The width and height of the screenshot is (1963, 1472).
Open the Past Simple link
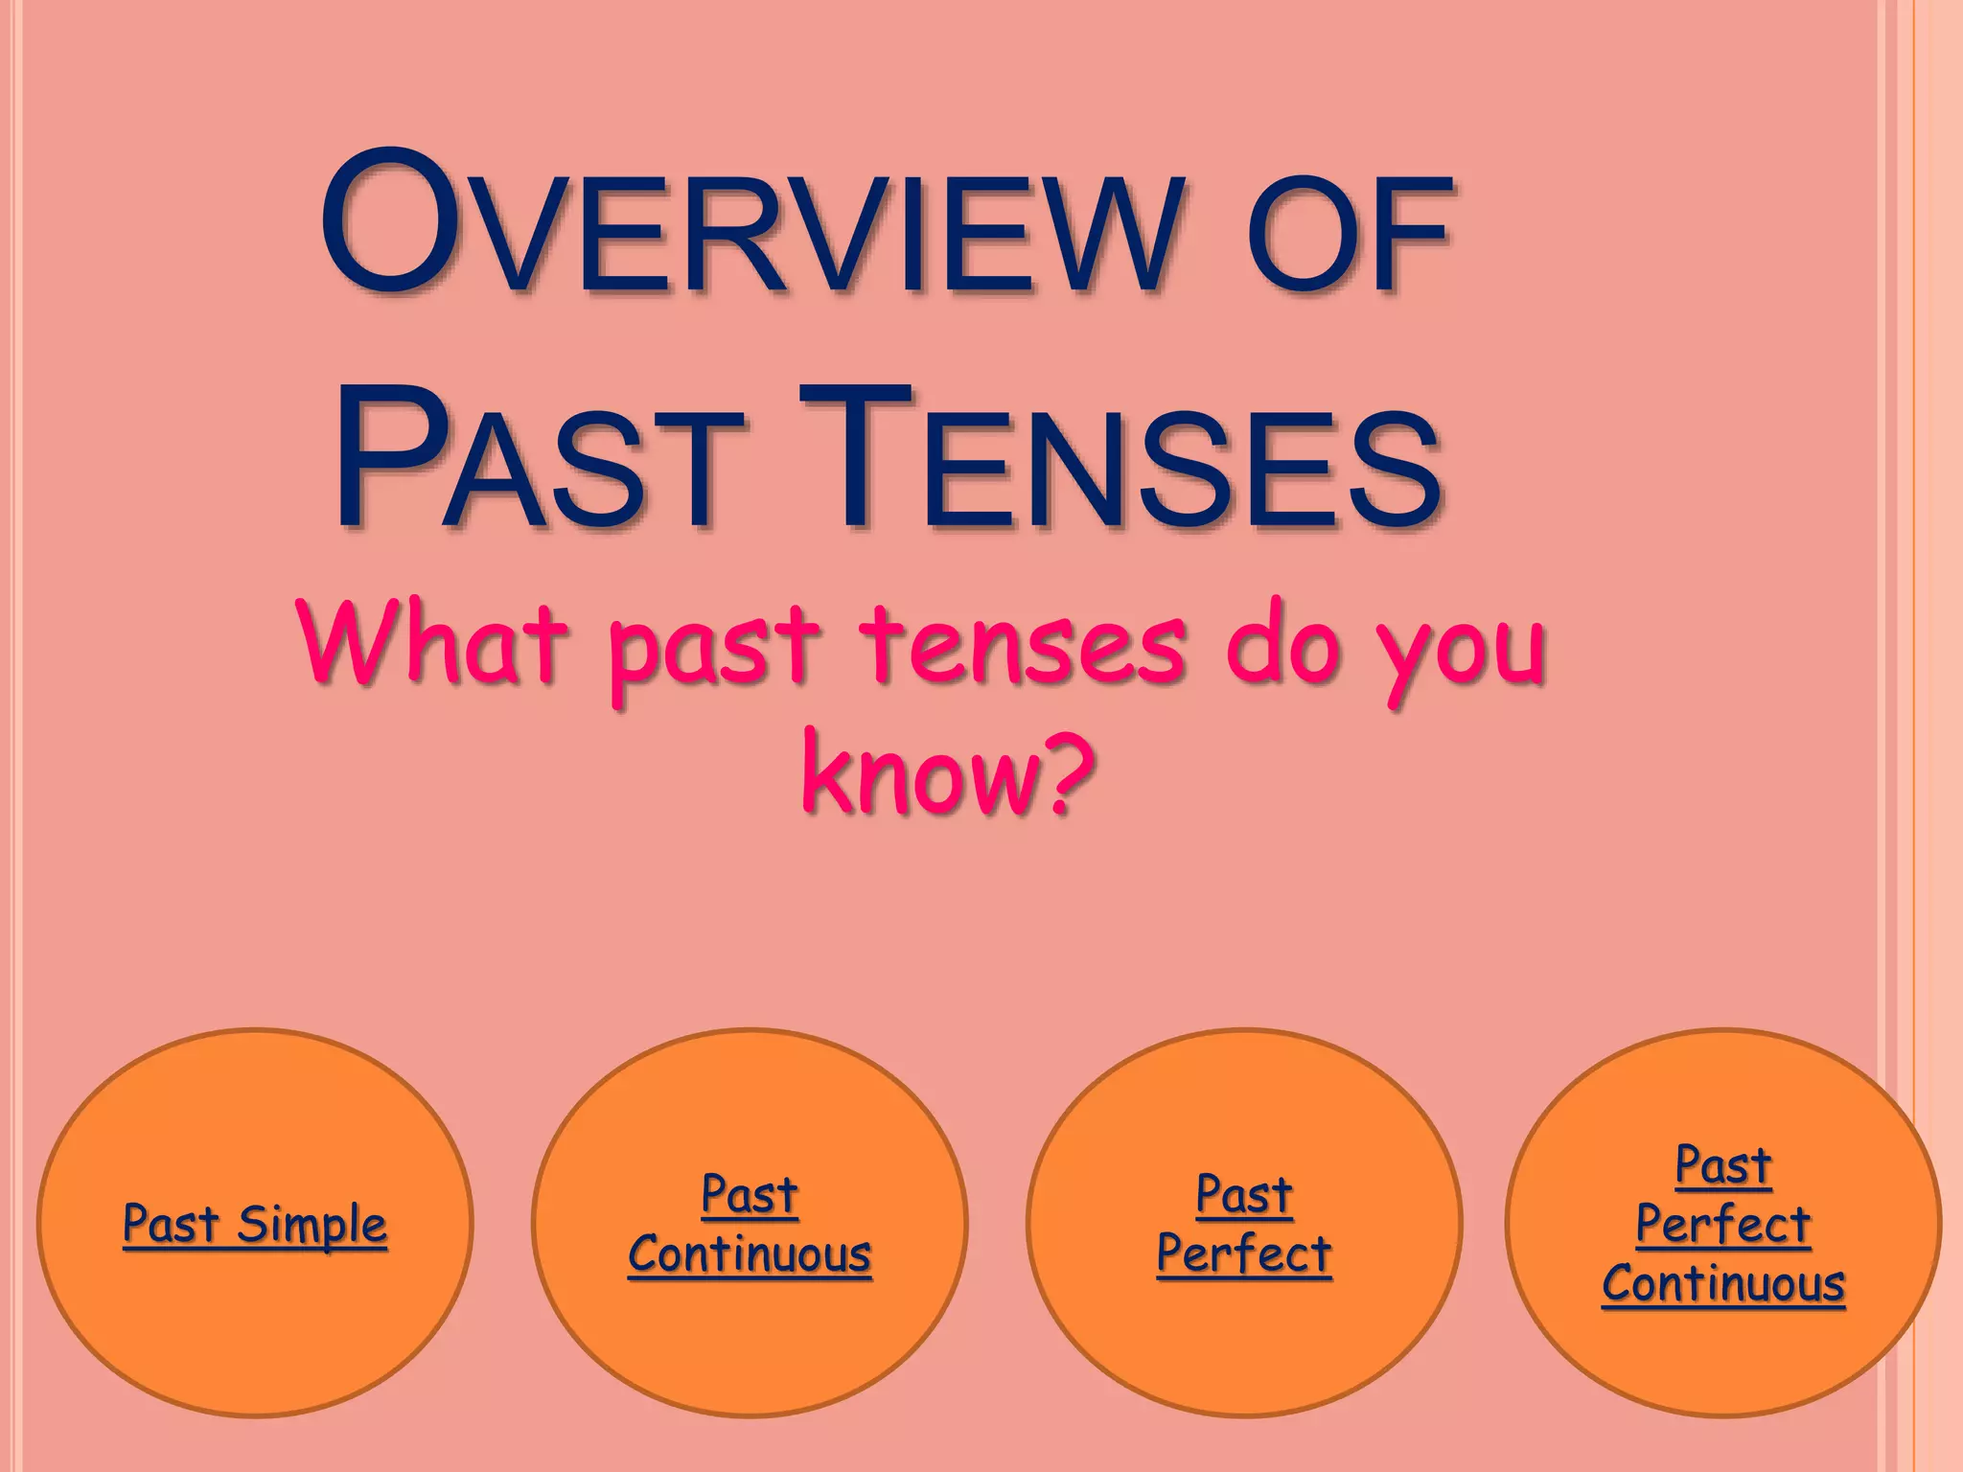point(255,1224)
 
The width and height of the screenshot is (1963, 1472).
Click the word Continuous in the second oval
point(750,1253)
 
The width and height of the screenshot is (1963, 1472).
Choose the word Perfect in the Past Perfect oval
point(1244,1253)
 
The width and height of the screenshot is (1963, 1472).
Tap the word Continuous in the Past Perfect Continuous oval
point(1723,1283)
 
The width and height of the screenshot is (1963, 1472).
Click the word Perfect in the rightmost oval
point(1723,1224)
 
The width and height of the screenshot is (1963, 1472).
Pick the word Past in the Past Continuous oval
point(750,1194)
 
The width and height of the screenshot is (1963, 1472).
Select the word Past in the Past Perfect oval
point(1244,1194)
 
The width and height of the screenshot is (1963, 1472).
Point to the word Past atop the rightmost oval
point(1723,1165)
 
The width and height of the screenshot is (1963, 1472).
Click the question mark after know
point(1070,771)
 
